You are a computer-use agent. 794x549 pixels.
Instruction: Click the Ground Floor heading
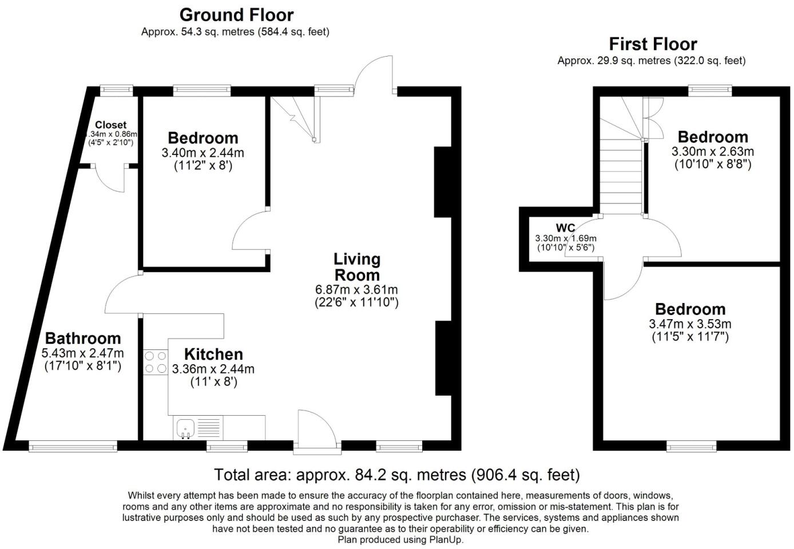coord(236,15)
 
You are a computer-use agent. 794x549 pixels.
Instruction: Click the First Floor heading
coord(653,44)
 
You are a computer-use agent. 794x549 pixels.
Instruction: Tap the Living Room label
coord(356,266)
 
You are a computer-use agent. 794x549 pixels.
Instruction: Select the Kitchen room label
coord(213,354)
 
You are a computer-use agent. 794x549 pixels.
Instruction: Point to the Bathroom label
coord(83,338)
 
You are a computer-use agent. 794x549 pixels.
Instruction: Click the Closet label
coord(111,125)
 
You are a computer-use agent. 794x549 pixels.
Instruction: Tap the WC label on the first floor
coord(565,228)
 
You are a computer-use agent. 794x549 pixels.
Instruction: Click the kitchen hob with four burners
coord(155,363)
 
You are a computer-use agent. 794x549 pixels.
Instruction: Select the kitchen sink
coord(185,428)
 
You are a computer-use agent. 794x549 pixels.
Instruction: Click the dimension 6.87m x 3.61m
coord(356,289)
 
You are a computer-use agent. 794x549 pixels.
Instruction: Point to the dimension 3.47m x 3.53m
coord(690,324)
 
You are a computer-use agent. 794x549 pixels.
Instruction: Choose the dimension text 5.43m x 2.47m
coord(83,353)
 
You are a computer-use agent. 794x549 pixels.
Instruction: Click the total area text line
coord(397,475)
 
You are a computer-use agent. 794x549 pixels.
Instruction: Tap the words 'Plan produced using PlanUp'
coord(400,539)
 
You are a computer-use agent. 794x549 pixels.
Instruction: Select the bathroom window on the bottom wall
coord(73,445)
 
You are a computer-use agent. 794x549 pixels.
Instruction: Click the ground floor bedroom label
coord(203,138)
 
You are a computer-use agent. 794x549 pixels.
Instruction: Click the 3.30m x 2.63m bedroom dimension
coord(713,152)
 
